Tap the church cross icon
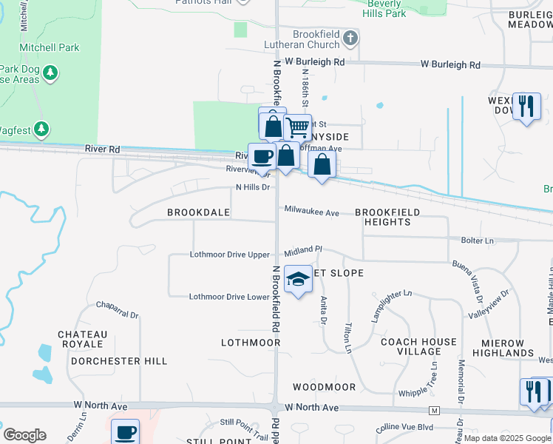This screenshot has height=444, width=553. pos(350,37)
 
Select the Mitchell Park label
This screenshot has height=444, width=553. pos(50,47)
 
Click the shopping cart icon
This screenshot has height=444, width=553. pos(297,127)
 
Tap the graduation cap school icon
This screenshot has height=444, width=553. pos(298,279)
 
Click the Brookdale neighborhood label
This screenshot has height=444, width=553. pos(198,212)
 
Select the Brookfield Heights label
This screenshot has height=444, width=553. pos(387,217)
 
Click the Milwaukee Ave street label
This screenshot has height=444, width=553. pos(311,212)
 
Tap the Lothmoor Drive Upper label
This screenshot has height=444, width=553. pos(229,255)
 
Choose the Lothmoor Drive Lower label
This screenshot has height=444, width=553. pos(228,297)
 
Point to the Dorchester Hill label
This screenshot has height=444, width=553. pos(119,361)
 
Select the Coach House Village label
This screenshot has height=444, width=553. pos(418,347)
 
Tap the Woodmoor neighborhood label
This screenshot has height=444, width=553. pos(324,387)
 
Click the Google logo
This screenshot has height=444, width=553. pos(24,435)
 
